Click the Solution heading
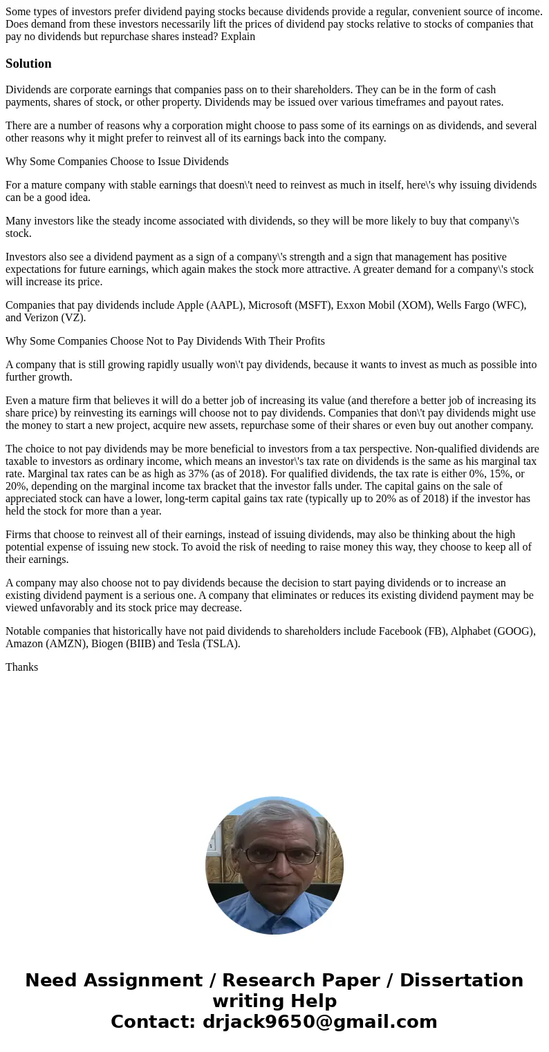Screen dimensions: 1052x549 (28, 64)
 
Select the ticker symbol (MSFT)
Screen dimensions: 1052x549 (311, 305)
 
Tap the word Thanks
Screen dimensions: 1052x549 (21, 667)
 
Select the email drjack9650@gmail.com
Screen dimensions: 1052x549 (319, 1022)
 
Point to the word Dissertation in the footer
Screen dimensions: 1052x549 (461, 981)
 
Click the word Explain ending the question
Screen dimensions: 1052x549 (238, 37)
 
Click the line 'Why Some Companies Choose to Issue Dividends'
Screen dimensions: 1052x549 (117, 162)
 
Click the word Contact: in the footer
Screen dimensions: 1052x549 (153, 1022)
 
